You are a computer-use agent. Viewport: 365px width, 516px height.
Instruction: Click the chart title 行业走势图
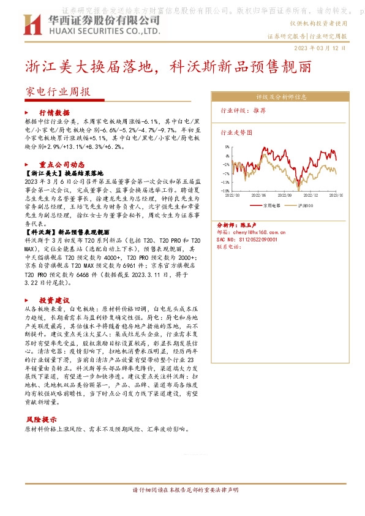pyautogui.click(x=236, y=132)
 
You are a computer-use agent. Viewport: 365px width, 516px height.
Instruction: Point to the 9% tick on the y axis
pyautogui.click(x=227, y=147)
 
